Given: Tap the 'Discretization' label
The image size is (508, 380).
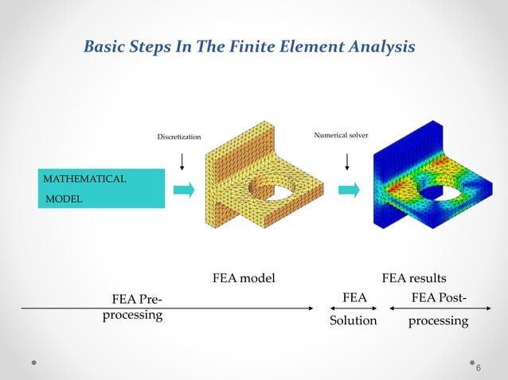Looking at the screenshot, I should click(x=178, y=137).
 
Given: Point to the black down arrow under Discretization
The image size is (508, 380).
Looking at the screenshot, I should click(x=184, y=161).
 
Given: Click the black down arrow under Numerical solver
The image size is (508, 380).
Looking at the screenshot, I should click(x=347, y=161).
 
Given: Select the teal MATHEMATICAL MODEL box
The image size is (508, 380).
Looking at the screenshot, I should click(x=101, y=188).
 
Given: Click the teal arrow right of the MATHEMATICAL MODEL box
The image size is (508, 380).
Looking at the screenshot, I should click(x=183, y=189).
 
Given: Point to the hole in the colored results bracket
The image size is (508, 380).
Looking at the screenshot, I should click(x=434, y=191).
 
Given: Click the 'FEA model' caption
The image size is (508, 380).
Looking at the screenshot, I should click(x=244, y=278).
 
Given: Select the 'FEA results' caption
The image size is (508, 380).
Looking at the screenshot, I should click(x=414, y=278).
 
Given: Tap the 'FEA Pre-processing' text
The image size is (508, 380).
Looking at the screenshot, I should click(x=133, y=307).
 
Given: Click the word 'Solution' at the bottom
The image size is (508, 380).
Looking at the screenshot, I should click(x=354, y=320).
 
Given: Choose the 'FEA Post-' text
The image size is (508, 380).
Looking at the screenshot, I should click(x=439, y=298).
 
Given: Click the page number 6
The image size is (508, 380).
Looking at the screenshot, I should click(x=479, y=368).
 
